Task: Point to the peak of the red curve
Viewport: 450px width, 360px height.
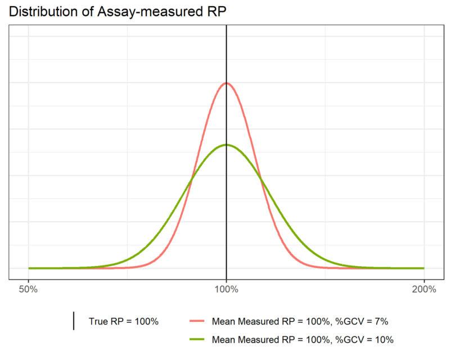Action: pos(226,83)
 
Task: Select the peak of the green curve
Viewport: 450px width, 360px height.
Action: pos(226,145)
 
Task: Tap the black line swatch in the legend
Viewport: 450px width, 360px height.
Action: pos(74,322)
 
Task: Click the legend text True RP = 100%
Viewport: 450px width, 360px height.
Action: pos(124,322)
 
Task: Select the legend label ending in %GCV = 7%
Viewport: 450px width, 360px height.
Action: pos(300,322)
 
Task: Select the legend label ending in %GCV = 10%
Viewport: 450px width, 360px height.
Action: pos(302,339)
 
